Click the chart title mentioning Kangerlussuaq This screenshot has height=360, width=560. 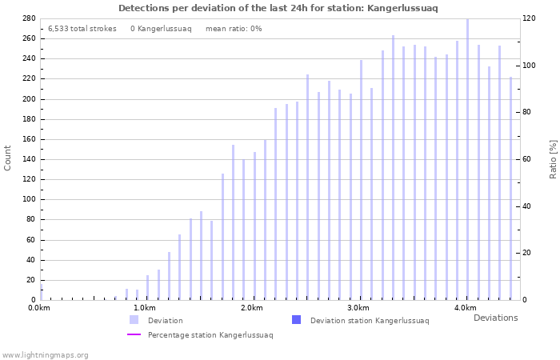coord(278,8)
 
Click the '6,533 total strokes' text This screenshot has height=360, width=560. coord(82,29)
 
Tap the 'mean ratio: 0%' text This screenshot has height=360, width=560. coord(234,29)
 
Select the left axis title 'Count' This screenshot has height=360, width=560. coord(8,158)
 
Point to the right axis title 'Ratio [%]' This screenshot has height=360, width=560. coord(553,158)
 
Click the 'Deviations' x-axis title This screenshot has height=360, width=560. coord(495,318)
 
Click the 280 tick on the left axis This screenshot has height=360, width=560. coord(28,18)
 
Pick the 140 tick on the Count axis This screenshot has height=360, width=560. coord(28,159)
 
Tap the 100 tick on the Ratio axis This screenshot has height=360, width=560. coord(530,65)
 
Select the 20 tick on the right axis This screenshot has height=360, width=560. coord(528,253)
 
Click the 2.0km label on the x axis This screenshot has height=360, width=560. coord(252,308)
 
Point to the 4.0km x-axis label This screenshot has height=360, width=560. coord(465,308)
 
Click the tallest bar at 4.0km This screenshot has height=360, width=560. coord(467,160)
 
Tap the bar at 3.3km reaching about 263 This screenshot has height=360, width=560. coord(393,168)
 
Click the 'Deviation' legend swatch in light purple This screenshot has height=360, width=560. coord(134,320)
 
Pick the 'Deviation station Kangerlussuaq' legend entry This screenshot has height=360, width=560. coord(369,321)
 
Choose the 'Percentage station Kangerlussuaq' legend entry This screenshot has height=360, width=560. coord(210,335)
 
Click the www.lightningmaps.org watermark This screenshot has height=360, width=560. coord(45,354)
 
